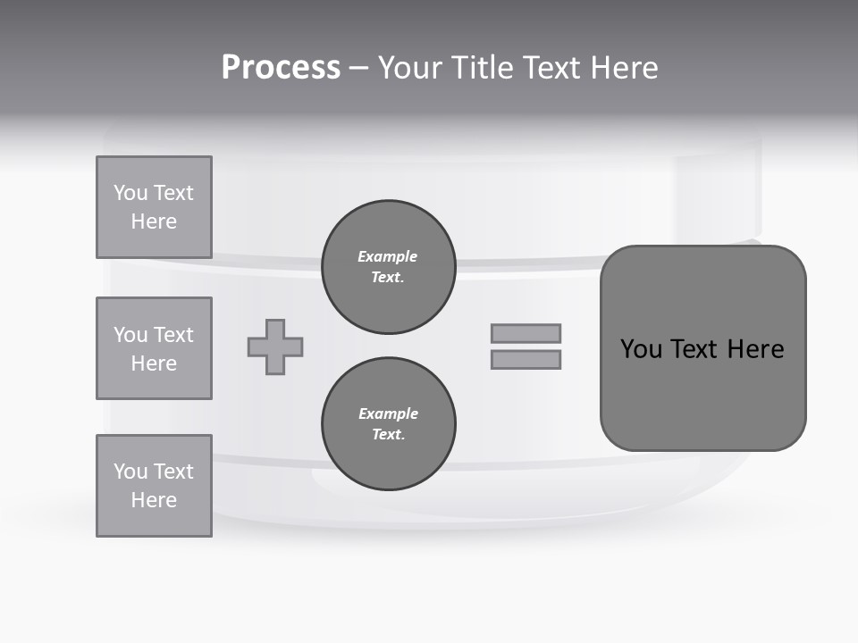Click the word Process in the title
tap(281, 68)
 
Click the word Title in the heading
tap(480, 68)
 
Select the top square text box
tap(154, 207)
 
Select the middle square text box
tap(154, 348)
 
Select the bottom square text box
tap(154, 486)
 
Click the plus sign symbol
tap(275, 347)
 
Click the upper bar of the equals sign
tap(526, 333)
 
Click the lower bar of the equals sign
tap(526, 360)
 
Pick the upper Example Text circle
tap(388, 267)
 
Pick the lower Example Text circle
tap(388, 424)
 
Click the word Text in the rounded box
tap(697, 349)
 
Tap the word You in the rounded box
tap(642, 349)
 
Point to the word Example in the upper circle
tap(388, 256)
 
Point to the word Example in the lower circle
tap(388, 413)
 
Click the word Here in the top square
tap(154, 221)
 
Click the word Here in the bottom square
tap(154, 500)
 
